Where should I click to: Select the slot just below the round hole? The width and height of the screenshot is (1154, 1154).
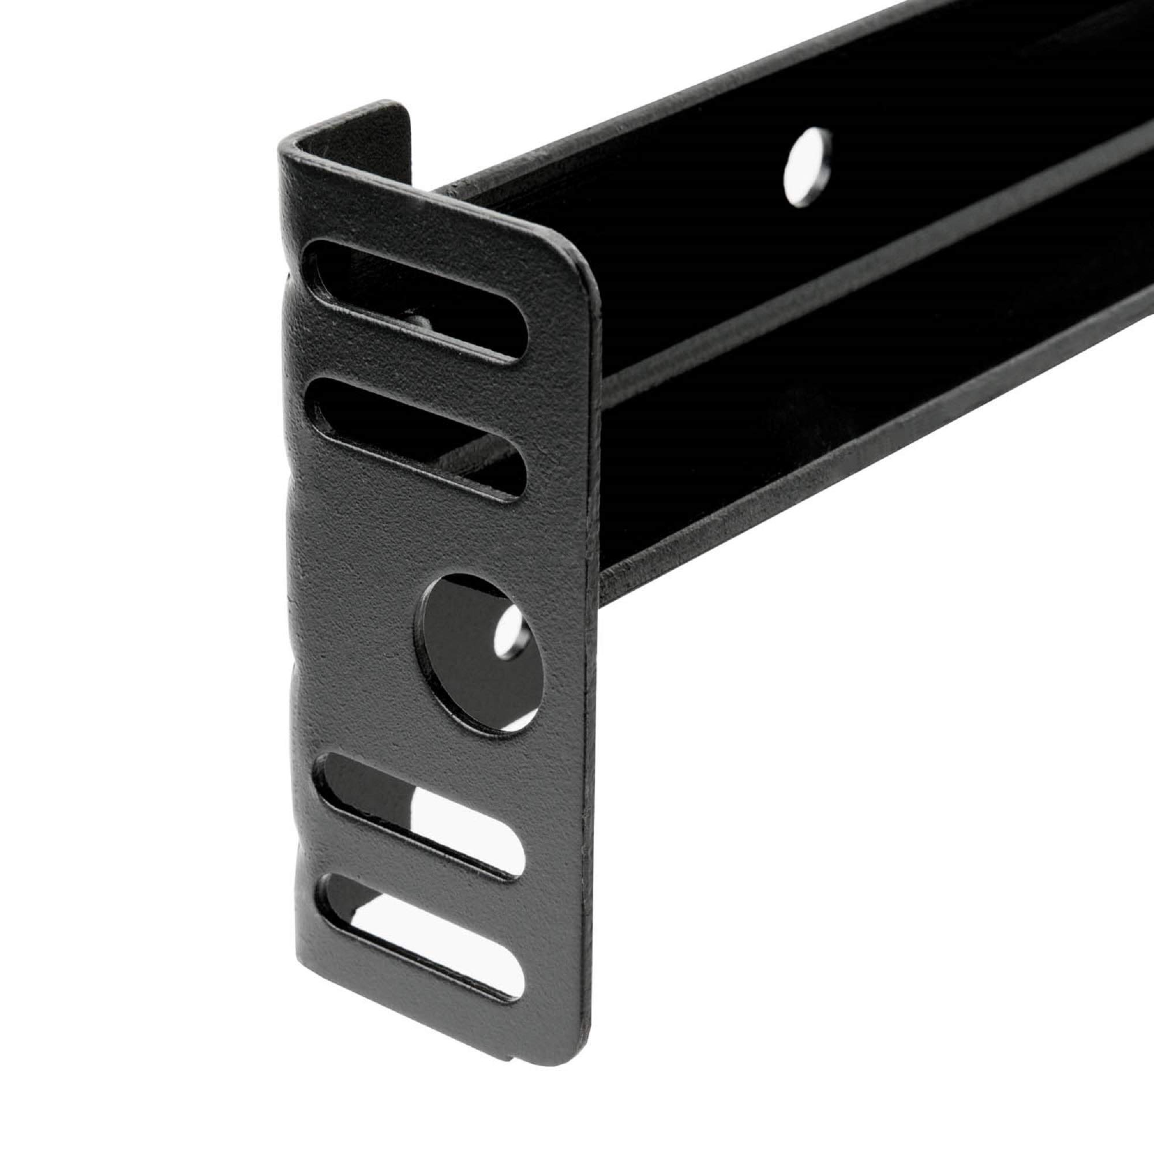(x=418, y=815)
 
